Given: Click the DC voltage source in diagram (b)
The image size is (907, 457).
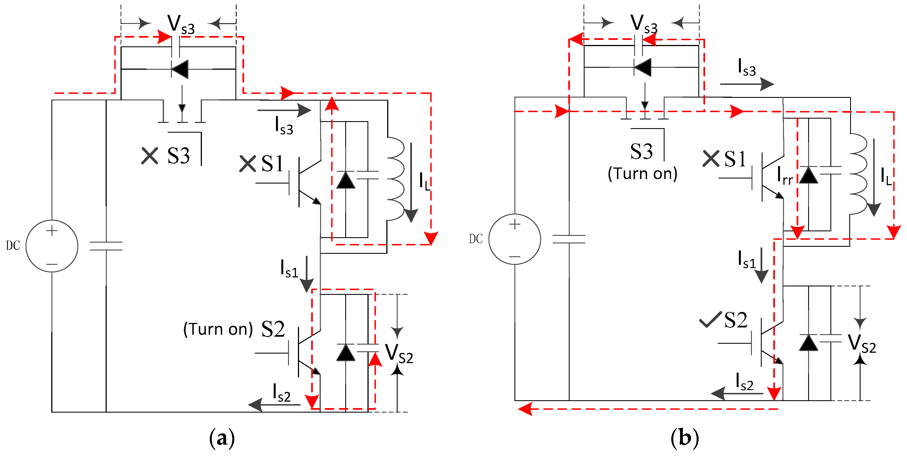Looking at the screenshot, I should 514,239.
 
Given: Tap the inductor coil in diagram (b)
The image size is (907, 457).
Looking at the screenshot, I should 858,174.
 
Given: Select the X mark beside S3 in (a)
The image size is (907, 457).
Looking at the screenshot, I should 150,156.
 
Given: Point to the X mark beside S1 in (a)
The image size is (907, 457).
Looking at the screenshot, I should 248,164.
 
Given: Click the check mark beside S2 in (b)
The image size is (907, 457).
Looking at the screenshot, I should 710,319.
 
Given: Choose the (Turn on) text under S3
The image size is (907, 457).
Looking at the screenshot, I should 642,174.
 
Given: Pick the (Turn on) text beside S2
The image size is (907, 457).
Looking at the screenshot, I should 218,329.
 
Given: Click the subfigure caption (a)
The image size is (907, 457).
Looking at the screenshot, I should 222,438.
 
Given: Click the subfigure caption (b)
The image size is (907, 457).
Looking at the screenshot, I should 685,438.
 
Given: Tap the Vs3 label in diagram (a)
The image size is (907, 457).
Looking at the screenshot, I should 180,25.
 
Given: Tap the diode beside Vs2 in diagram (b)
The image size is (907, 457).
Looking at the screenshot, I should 808,343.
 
